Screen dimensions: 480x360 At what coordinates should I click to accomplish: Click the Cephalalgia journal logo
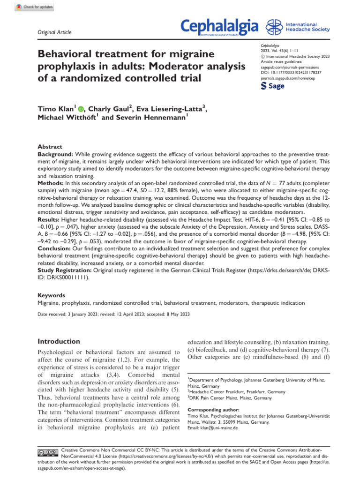220,27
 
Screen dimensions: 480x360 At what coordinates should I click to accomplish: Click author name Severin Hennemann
149,118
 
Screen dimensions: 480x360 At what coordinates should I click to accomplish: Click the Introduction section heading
59,341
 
